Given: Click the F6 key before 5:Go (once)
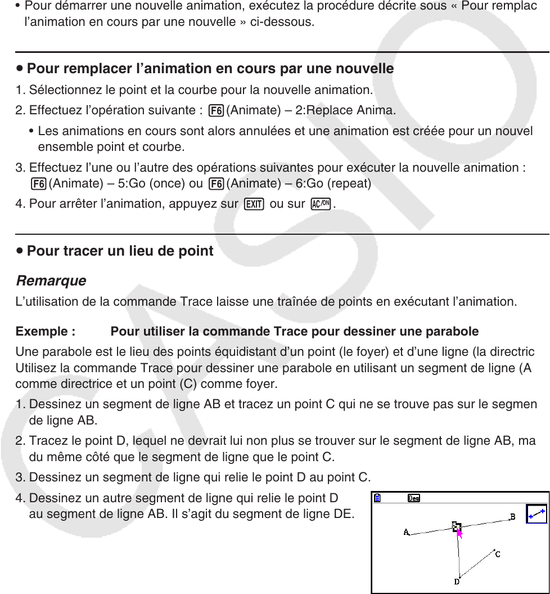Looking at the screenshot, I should pyautogui.click(x=39, y=184).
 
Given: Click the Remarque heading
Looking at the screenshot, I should pyautogui.click(x=51, y=280).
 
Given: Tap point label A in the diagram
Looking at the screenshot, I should pyautogui.click(x=406, y=532).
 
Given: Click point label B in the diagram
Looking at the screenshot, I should pyautogui.click(x=512, y=516).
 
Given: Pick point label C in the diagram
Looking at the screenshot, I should pyautogui.click(x=498, y=554).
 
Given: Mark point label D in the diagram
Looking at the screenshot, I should pyautogui.click(x=457, y=582).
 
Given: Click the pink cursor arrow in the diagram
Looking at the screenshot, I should pyautogui.click(x=459, y=533).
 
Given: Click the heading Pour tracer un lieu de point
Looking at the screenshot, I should pyautogui.click(x=120, y=251).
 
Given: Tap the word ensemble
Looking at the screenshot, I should pyautogui.click(x=61, y=148).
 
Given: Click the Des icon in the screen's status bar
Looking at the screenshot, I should pyautogui.click(x=414, y=498).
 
